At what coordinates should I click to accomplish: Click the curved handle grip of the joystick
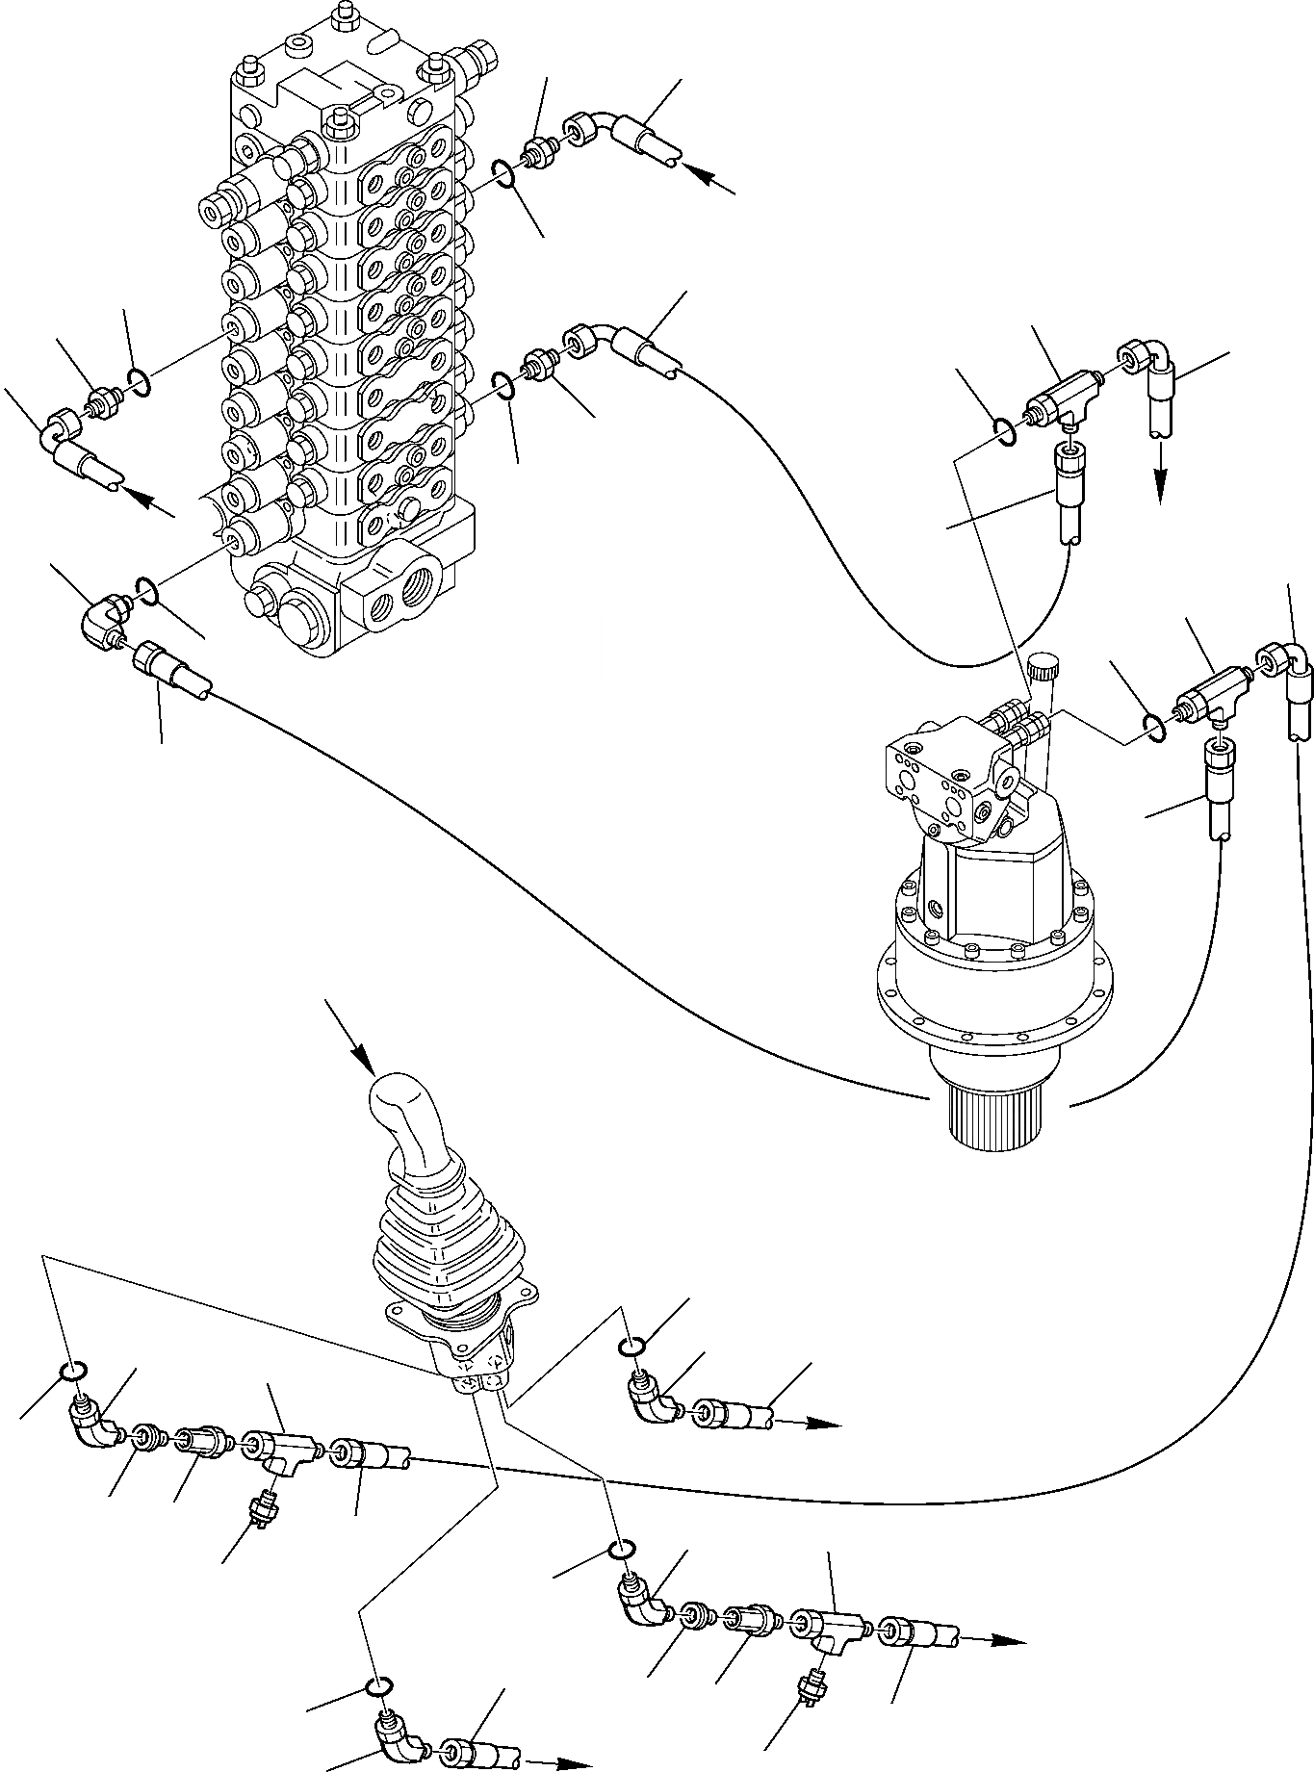[404, 1117]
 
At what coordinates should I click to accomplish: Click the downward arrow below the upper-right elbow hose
[1160, 476]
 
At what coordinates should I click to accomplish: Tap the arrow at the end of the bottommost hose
[563, 1762]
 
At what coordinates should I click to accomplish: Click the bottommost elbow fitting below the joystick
[399, 1740]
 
